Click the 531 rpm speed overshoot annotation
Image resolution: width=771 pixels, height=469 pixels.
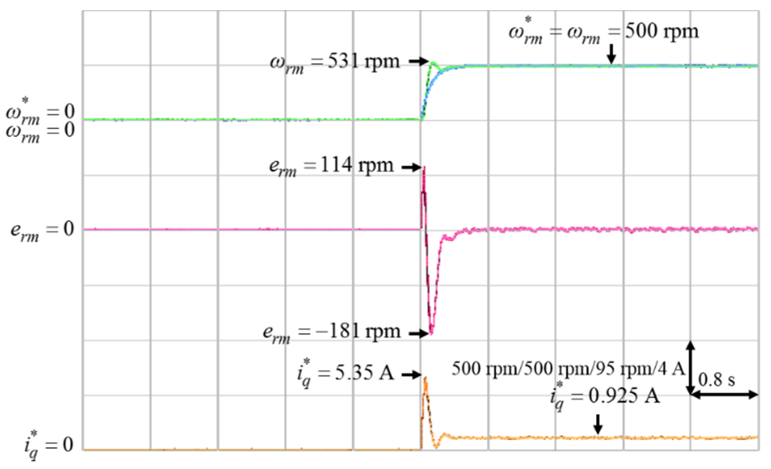tap(335, 62)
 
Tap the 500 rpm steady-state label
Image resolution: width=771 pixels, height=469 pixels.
tap(603, 32)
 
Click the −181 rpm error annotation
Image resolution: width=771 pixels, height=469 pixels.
tap(331, 332)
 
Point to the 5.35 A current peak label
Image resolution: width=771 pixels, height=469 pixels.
tap(345, 373)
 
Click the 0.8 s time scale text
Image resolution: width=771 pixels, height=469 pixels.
tap(716, 380)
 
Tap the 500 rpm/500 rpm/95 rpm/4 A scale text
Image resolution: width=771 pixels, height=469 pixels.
tap(568, 369)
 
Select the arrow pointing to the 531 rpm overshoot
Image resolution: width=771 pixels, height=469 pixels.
tap(419, 61)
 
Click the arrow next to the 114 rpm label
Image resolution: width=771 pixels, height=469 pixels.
tap(412, 167)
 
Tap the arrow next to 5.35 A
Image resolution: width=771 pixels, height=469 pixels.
tap(412, 375)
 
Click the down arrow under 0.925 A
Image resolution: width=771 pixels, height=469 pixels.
tap(598, 424)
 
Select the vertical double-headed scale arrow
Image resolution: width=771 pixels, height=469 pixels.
tap(690, 368)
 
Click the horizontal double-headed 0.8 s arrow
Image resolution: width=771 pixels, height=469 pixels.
tap(724, 395)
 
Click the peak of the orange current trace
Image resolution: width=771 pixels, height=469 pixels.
tap(426, 378)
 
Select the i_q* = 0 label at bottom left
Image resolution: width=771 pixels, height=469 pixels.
tap(49, 445)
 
